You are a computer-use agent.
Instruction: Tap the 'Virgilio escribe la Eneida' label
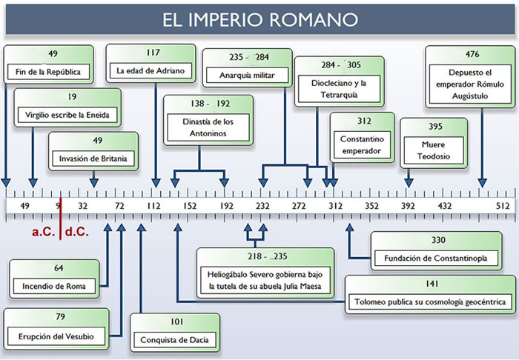67,116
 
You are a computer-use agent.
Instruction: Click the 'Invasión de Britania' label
93,159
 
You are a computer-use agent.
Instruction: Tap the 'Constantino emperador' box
363,144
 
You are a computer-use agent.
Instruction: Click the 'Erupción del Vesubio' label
53,337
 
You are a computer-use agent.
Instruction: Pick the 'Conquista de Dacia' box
173,341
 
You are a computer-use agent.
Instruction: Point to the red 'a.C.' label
44,232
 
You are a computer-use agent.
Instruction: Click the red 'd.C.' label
76,232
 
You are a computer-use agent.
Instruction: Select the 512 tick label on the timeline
503,205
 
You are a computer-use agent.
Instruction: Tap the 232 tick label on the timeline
262,205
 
